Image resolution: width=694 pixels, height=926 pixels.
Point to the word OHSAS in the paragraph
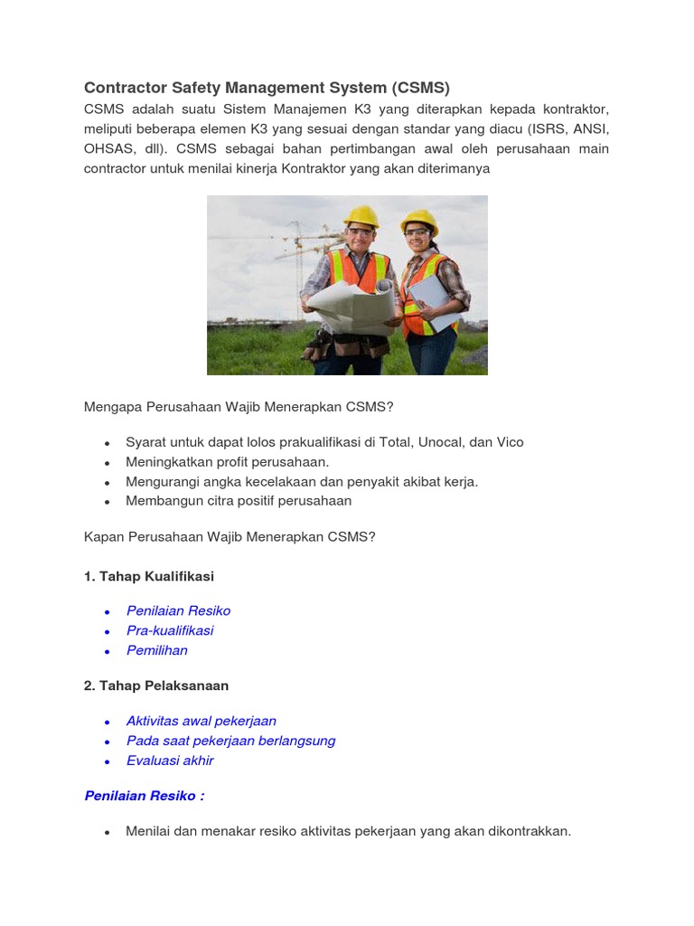(x=108, y=148)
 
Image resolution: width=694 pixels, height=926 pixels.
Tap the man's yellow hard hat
(x=361, y=216)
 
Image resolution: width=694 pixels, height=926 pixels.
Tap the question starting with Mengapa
(x=239, y=407)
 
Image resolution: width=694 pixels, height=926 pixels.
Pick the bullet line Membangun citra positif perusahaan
(x=239, y=501)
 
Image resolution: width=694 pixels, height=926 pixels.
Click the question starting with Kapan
(x=230, y=537)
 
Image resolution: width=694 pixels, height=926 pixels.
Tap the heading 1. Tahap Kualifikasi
(x=149, y=576)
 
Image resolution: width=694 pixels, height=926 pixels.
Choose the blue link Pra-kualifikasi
(x=170, y=630)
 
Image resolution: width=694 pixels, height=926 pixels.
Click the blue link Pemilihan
(x=157, y=650)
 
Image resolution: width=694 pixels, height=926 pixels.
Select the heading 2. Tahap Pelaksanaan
(x=156, y=685)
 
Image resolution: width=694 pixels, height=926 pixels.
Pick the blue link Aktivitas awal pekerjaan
(x=202, y=721)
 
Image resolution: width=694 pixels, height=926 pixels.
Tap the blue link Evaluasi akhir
(x=170, y=761)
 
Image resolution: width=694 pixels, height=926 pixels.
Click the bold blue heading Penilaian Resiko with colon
(x=145, y=796)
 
